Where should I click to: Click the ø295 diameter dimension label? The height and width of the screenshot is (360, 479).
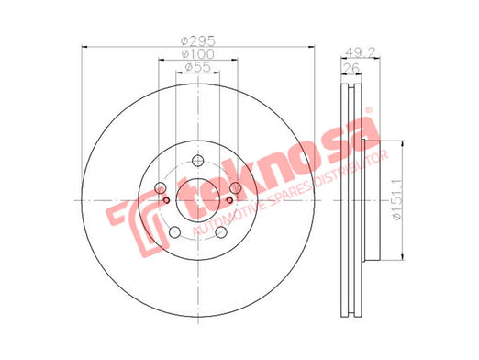(x=198, y=40)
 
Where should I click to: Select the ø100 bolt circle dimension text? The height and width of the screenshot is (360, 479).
(x=198, y=54)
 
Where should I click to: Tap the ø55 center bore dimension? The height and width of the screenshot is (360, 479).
(x=198, y=67)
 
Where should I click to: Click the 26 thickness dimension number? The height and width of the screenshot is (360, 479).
(x=351, y=68)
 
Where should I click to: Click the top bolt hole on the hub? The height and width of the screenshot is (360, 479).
(x=198, y=161)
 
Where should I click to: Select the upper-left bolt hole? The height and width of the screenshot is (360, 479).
(x=161, y=187)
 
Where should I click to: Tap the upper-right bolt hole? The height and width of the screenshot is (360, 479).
(x=236, y=187)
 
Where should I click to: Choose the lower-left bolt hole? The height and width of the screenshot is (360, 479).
(x=174, y=232)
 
